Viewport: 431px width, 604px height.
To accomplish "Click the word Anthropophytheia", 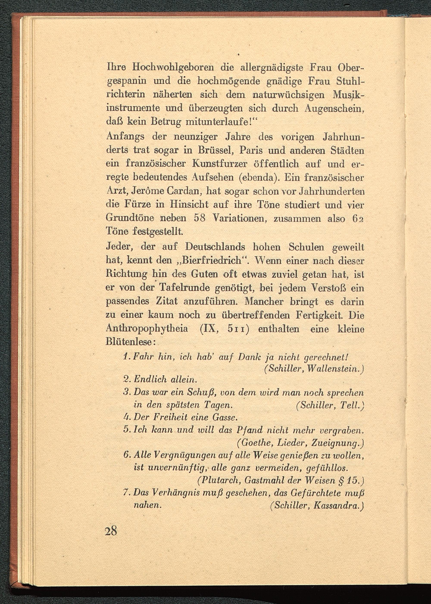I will pyautogui.click(x=147, y=329).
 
